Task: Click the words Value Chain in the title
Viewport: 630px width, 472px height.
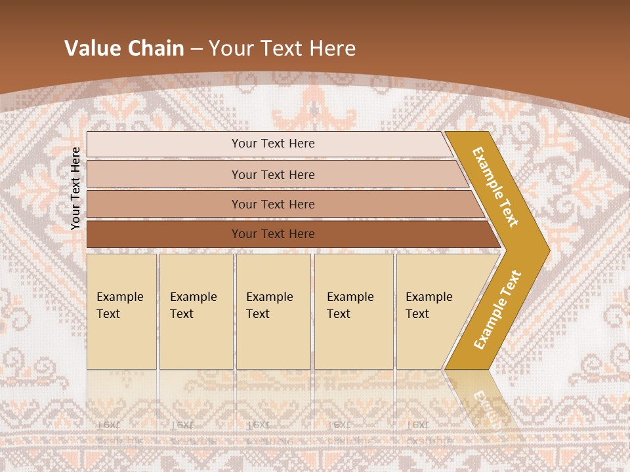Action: [124, 49]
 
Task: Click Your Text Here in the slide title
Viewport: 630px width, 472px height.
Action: [282, 49]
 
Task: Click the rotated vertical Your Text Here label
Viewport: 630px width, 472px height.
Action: [75, 188]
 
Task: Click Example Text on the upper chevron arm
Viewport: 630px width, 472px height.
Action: [495, 187]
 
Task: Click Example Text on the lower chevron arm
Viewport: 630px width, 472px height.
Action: [497, 309]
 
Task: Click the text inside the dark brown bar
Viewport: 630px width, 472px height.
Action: [273, 234]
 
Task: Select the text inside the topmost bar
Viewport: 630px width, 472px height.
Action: [273, 144]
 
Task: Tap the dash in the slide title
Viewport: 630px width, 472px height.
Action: [196, 49]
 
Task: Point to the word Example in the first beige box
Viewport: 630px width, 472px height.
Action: [119, 297]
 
